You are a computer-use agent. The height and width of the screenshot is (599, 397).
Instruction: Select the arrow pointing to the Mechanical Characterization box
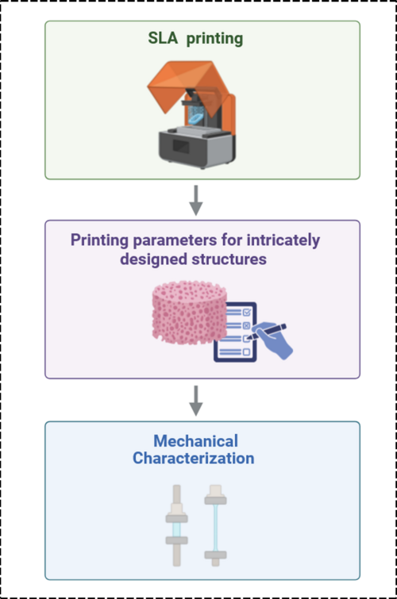click(196, 400)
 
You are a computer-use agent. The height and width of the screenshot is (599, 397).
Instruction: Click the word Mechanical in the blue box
click(195, 441)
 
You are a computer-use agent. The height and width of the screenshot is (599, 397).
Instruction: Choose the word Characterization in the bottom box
click(194, 458)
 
